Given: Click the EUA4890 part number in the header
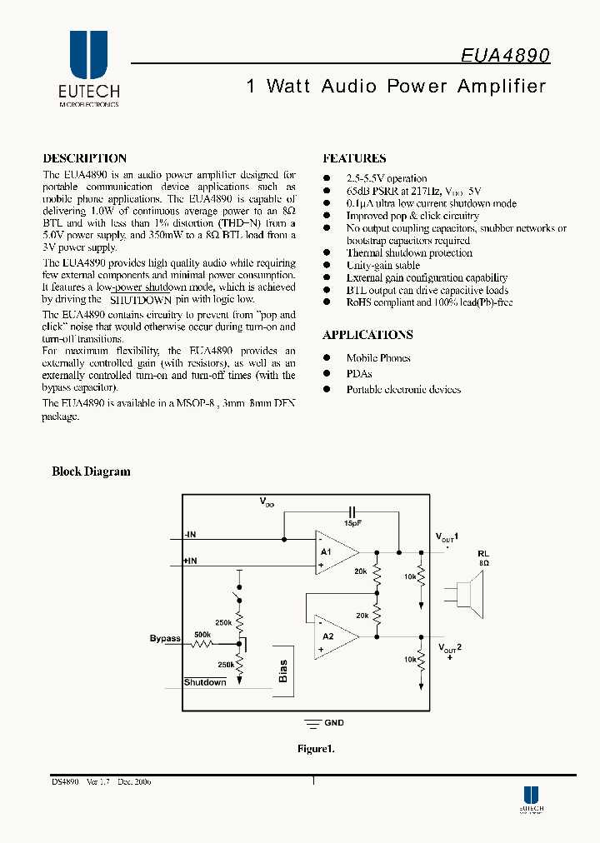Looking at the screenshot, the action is (505, 55).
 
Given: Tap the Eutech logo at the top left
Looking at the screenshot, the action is (88, 69).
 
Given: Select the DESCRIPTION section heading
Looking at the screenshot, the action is (84, 158).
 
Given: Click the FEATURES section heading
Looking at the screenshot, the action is (353, 158).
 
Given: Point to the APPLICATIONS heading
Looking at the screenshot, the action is (367, 335).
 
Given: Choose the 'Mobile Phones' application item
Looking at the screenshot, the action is (378, 358).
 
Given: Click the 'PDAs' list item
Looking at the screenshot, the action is (359, 374).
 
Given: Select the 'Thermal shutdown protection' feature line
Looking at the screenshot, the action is (408, 253).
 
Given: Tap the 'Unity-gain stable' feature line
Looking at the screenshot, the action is (382, 266).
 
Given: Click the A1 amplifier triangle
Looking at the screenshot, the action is (334, 551).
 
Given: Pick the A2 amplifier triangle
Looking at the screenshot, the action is (334, 636).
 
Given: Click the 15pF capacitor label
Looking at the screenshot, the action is (353, 523).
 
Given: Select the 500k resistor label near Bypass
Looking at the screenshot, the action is (202, 634).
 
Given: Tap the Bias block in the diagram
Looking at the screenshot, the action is (282, 671).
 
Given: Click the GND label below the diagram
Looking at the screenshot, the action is (333, 723).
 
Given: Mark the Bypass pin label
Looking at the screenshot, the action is (165, 639).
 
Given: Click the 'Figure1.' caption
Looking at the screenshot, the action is (316, 749).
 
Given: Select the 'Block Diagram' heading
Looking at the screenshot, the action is (91, 471).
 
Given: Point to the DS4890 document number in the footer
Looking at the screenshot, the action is (64, 782).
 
